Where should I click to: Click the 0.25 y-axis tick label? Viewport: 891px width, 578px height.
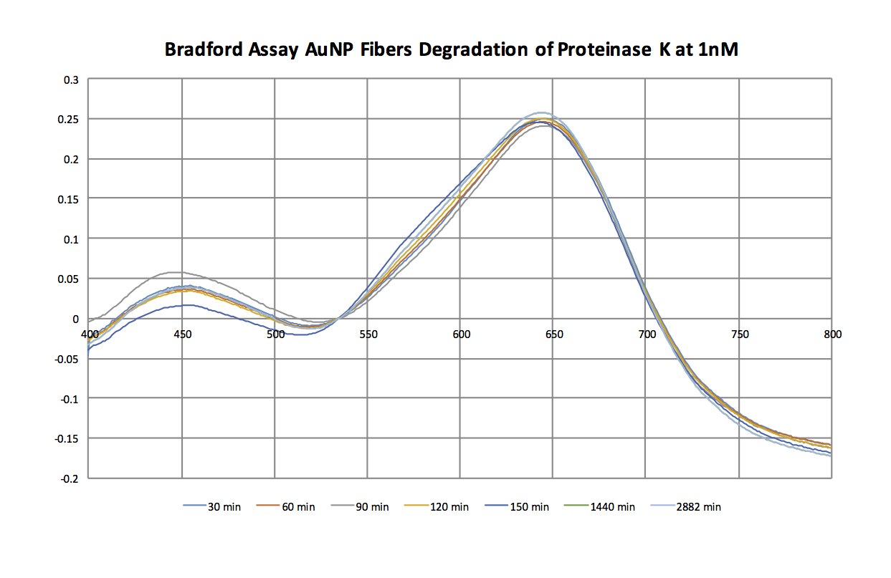tap(68, 120)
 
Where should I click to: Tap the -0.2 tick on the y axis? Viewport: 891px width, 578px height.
tap(69, 478)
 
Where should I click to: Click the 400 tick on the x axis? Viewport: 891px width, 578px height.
tap(89, 334)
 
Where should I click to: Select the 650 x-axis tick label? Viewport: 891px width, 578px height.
tap(553, 334)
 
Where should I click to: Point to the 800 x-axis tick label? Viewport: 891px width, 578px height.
tap(832, 334)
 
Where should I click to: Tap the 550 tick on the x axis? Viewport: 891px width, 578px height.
tap(368, 334)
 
